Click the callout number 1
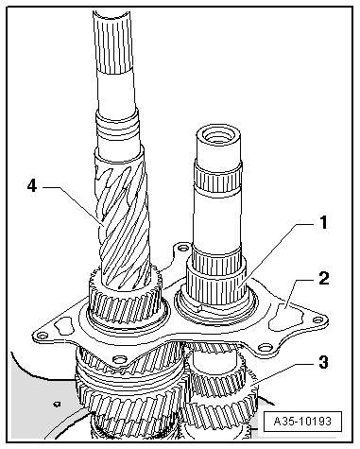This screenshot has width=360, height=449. coord(323,223)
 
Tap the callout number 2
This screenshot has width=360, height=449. coord(323,279)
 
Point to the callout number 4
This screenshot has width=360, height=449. coord(32,186)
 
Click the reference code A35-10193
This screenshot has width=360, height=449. coord(302,422)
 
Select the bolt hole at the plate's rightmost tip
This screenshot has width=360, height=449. coord(317,320)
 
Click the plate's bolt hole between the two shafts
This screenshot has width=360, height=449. coord(182,249)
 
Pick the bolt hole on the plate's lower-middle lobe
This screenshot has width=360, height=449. coord(119,359)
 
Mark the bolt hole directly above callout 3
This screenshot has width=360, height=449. coord(265,347)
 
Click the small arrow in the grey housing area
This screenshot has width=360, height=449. coord(58,404)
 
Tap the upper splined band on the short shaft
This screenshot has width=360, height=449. coord(218,182)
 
